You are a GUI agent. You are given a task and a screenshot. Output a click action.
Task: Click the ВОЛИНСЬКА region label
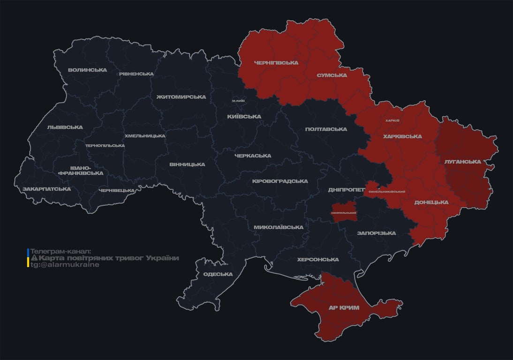(87, 70)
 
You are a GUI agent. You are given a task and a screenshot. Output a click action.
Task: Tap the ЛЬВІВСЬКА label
(65, 127)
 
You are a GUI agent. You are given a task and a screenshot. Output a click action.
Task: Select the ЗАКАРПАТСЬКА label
(47, 189)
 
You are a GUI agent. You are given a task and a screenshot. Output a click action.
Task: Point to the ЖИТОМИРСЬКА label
(181, 97)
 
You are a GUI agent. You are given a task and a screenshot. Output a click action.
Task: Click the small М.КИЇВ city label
(238, 101)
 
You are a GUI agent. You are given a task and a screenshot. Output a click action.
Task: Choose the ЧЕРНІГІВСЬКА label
(276, 62)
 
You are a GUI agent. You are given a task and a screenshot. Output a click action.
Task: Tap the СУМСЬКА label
(332, 75)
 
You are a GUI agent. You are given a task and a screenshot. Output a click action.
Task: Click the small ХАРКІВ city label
(392, 120)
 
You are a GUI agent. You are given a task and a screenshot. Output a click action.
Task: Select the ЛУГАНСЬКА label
(462, 162)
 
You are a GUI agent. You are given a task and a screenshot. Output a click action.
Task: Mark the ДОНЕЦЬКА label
(431, 202)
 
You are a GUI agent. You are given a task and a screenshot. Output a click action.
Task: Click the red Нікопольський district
(344, 211)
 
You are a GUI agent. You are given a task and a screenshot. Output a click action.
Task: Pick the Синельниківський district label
(387, 192)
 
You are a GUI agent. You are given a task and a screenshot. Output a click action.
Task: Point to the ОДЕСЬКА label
(218, 274)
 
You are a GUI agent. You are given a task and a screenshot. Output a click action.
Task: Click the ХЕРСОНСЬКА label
(318, 260)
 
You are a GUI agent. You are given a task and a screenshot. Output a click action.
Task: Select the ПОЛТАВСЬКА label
(326, 129)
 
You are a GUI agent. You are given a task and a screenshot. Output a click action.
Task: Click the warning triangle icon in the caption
(34, 258)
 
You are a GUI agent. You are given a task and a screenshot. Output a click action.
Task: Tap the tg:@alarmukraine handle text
(65, 265)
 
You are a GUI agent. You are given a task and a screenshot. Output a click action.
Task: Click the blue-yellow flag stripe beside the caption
(28, 258)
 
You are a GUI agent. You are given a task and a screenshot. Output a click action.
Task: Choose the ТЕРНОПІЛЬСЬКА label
(105, 145)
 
